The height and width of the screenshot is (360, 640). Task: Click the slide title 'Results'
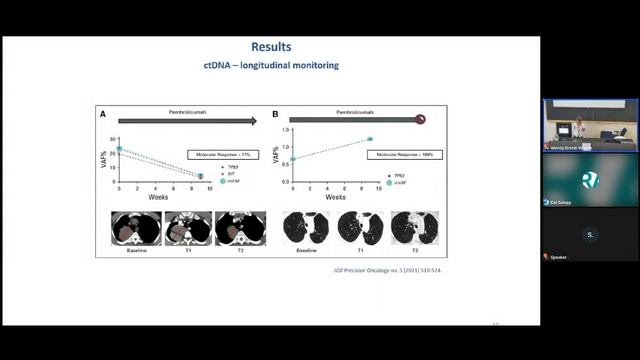[271, 47]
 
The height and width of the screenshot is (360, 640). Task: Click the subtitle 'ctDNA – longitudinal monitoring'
[271, 66]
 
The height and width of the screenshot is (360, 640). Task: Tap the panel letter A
[103, 115]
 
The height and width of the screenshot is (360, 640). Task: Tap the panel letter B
[275, 115]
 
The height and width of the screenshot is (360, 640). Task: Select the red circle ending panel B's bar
[421, 119]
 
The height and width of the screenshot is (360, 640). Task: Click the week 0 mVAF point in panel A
[119, 149]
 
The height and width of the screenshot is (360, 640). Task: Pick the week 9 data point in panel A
[200, 177]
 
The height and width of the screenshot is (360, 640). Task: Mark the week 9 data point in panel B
[369, 139]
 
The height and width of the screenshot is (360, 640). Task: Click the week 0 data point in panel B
[291, 159]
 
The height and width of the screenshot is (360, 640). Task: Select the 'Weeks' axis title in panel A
[158, 197]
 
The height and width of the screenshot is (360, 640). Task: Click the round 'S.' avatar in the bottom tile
[590, 235]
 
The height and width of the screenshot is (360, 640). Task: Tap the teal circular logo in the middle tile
[590, 180]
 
